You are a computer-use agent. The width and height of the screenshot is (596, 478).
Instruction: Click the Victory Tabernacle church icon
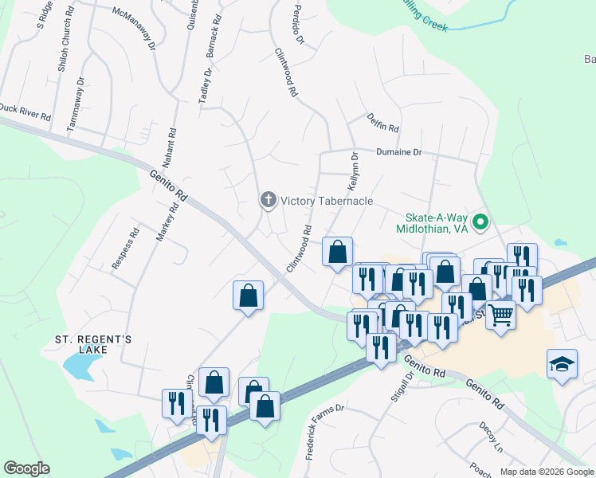[269, 201]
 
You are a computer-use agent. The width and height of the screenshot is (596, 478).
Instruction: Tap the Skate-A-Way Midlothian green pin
[480, 222]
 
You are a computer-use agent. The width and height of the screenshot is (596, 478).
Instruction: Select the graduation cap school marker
[562, 365]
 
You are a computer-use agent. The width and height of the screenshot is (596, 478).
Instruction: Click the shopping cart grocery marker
[500, 315]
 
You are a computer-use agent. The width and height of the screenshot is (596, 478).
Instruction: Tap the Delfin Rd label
[382, 123]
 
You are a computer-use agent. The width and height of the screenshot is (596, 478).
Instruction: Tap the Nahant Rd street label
[170, 148]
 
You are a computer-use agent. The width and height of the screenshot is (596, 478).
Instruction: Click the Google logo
[26, 468]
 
